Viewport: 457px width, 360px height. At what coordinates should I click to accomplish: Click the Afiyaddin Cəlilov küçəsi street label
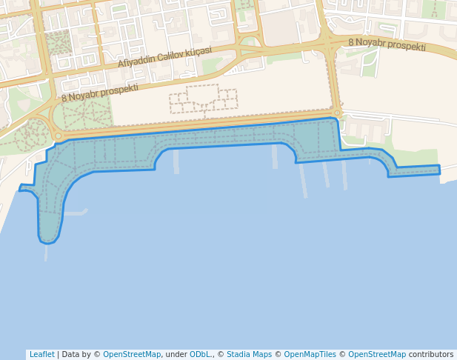pyautogui.click(x=164, y=57)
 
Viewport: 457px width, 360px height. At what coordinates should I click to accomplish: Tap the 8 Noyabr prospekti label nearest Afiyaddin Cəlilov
pyautogui.click(x=100, y=93)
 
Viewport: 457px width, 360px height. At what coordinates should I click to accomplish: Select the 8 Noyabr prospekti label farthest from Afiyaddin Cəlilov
pyautogui.click(x=387, y=44)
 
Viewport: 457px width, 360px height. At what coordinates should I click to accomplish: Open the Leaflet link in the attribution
pyautogui.click(x=41, y=354)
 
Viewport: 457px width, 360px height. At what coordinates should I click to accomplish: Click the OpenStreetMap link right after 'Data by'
pyautogui.click(x=132, y=354)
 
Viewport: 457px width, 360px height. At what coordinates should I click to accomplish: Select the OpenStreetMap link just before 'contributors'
pyautogui.click(x=377, y=354)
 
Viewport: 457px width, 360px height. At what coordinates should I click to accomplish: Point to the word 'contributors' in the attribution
pyautogui.click(x=430, y=354)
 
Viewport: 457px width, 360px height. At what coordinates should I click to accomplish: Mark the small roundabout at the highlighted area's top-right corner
pyautogui.click(x=337, y=113)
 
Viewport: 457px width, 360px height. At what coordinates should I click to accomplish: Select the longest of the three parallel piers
pyautogui.click(x=302, y=180)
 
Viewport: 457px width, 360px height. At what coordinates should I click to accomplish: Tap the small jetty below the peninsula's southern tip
pyautogui.click(x=46, y=253)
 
